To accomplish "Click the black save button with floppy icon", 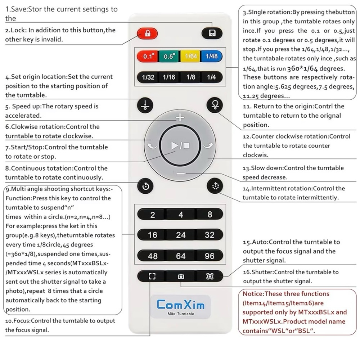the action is coord(212,33).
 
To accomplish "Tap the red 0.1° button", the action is coord(147,56).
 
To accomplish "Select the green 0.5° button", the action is coord(169,56).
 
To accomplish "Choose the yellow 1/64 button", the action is coord(190,56).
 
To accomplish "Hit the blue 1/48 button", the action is coord(211,56).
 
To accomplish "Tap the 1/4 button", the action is coord(211,77).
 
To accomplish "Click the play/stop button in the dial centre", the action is coord(180,145).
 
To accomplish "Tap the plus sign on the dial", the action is coord(180,118).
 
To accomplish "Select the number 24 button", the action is coord(181,235).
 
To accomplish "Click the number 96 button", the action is coord(210,256).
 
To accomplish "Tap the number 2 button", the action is coord(152,215).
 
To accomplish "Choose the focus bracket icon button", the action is coord(152,276).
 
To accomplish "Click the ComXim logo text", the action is coord(181,305).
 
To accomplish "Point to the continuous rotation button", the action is coord(145,186).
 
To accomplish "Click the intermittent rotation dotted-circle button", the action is coord(215,186).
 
